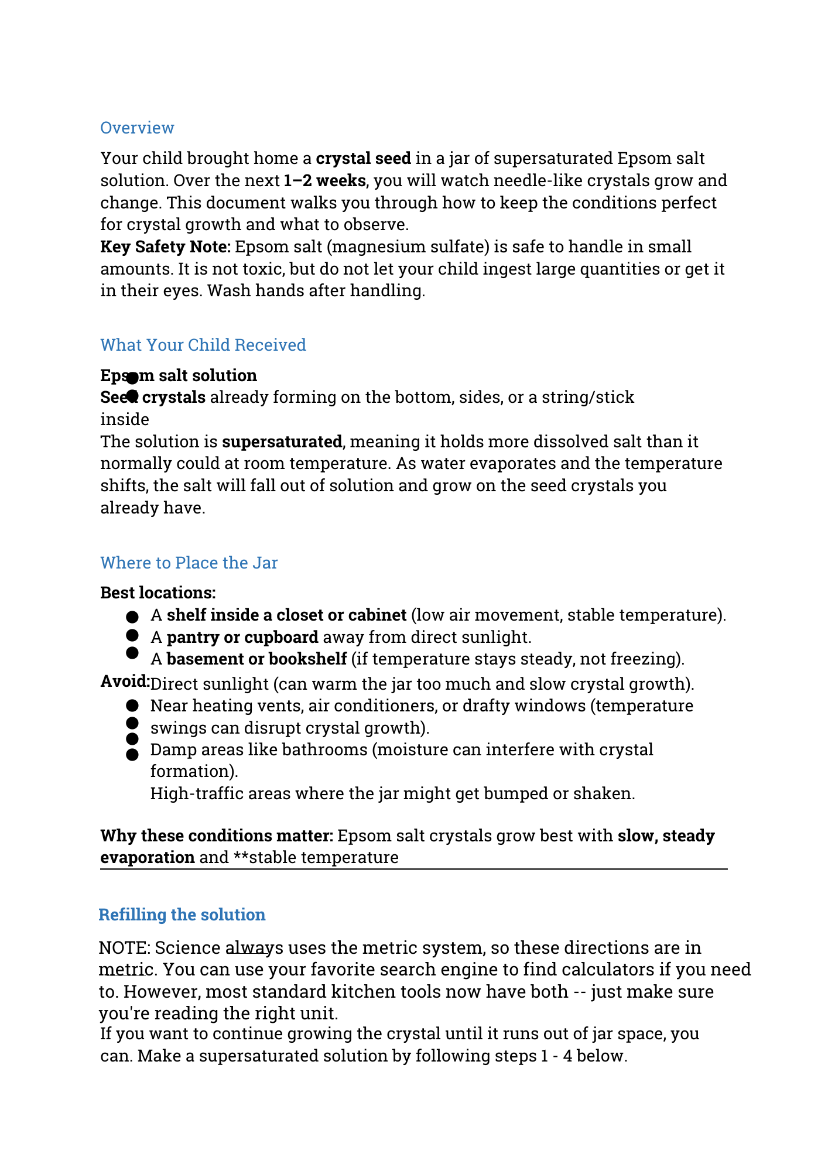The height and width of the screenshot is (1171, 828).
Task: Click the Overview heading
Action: [x=137, y=128]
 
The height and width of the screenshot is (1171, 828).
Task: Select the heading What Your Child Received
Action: [x=203, y=345]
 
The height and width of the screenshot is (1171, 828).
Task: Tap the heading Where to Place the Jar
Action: [x=189, y=563]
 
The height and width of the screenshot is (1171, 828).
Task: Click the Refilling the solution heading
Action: [x=182, y=915]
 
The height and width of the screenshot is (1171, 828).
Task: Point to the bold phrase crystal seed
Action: [x=363, y=158]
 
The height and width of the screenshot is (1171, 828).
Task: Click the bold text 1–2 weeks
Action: [x=324, y=180]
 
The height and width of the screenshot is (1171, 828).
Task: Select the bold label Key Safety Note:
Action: [x=166, y=246]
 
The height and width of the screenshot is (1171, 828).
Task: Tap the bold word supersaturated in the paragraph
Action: [x=282, y=441]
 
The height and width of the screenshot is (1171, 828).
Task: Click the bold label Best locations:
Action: [x=158, y=593]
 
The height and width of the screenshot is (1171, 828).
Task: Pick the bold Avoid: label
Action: [x=125, y=681]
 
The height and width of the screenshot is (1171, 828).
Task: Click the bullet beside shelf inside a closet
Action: [x=132, y=617]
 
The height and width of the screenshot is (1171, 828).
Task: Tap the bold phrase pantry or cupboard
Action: [x=242, y=637]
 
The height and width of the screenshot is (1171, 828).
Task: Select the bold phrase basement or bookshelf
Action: [x=256, y=659]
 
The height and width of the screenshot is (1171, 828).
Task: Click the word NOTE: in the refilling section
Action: [x=125, y=947]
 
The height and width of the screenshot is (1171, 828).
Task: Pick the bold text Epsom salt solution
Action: [x=179, y=375]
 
